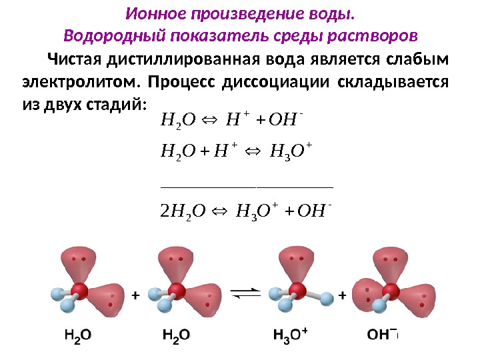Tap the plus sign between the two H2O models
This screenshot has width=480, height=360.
135,295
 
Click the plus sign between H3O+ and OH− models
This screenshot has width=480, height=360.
343,295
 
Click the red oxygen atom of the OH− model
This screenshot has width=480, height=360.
392,291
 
